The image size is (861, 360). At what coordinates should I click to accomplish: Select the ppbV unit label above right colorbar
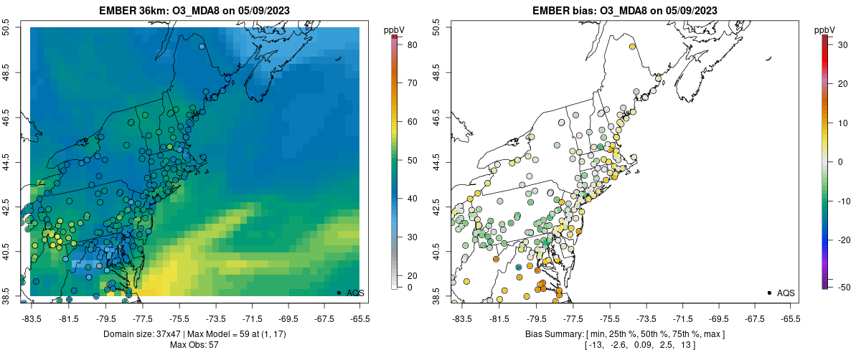pyautogui.click(x=825, y=29)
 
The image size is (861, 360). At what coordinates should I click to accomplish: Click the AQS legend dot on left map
pyautogui.click(x=339, y=293)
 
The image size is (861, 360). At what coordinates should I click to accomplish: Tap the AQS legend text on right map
pyautogui.click(x=786, y=293)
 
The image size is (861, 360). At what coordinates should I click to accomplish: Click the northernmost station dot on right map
pyautogui.click(x=632, y=47)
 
